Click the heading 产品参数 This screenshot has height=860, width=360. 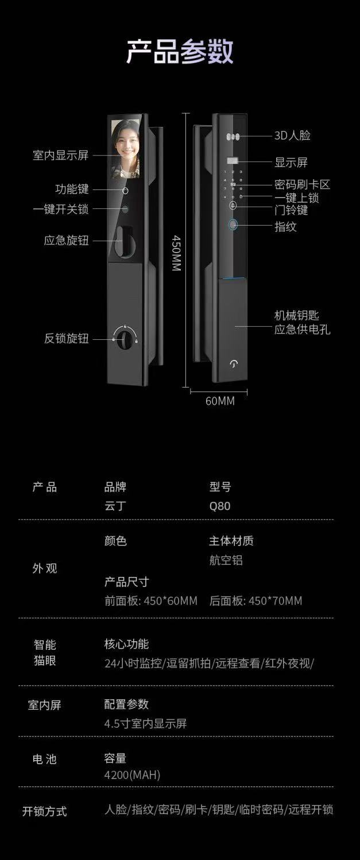(x=180, y=52)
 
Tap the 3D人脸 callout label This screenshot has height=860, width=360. (x=292, y=136)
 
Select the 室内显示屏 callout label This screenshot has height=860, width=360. (x=61, y=156)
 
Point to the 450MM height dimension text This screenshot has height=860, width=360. (x=177, y=253)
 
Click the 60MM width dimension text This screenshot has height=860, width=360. (x=220, y=401)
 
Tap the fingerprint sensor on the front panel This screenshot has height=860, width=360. (x=234, y=225)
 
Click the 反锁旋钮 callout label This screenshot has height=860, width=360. (x=67, y=339)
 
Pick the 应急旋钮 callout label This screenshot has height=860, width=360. (x=67, y=241)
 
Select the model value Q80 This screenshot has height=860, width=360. (x=219, y=506)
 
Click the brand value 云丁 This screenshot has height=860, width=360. (x=115, y=506)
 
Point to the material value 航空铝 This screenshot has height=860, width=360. (x=226, y=560)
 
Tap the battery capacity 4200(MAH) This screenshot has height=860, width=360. (x=132, y=775)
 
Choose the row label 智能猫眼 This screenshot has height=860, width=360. (x=45, y=652)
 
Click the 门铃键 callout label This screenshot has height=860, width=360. (x=291, y=210)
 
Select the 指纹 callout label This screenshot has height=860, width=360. (x=285, y=227)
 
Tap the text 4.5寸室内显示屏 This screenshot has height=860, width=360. (x=145, y=723)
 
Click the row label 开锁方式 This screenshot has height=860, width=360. (x=45, y=811)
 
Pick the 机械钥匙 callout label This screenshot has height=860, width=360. (x=296, y=315)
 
